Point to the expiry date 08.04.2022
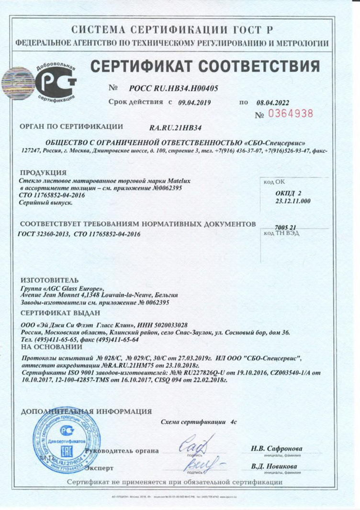273,102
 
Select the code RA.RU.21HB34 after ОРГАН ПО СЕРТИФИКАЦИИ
175,128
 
